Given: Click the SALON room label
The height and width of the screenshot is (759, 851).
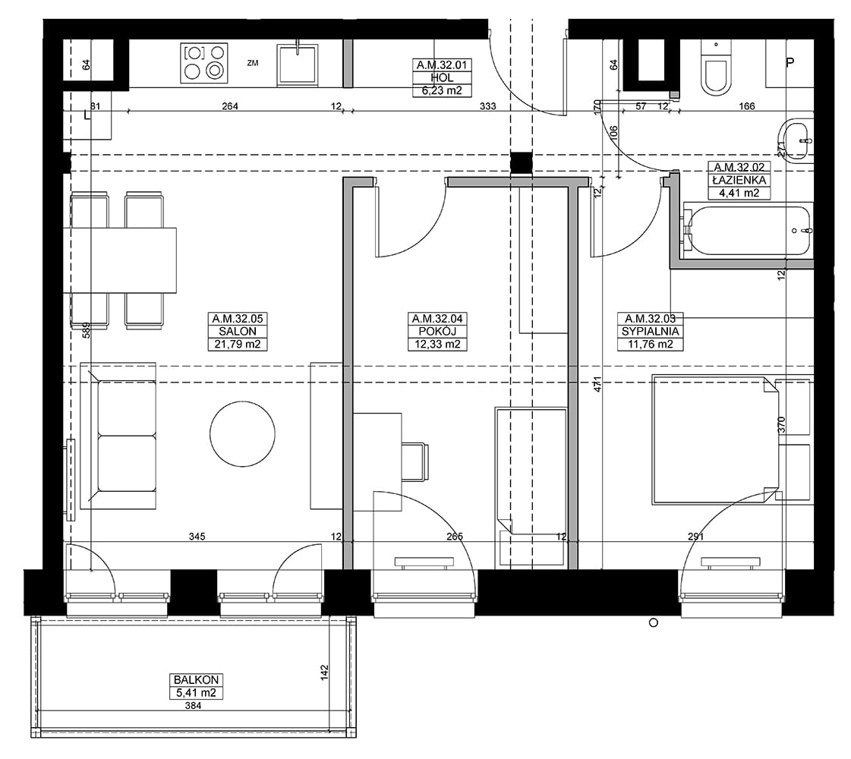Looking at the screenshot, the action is click(238, 332).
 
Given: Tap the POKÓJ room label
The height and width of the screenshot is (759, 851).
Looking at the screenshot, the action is click(437, 332).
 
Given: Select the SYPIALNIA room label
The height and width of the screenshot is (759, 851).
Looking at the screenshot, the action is click(650, 332).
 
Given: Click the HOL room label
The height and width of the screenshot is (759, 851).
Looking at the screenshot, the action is click(442, 77).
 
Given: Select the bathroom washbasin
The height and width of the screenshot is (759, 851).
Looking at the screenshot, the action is click(795, 140).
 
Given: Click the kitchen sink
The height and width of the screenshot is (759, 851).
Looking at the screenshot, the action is click(297, 65).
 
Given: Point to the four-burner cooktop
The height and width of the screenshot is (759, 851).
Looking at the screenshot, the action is click(203, 63).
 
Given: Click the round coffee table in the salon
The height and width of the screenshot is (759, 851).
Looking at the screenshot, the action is click(242, 433).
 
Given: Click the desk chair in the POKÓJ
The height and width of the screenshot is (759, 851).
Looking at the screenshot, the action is click(414, 461).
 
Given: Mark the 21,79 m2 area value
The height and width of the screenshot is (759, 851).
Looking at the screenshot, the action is click(238, 344).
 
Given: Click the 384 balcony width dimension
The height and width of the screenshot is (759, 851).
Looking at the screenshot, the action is click(193, 706).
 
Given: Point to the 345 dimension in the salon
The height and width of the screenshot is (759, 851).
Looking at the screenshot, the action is click(197, 537).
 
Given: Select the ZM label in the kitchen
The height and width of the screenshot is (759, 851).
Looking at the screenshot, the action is click(252, 63).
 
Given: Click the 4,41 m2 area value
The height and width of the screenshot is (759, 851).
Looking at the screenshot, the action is click(739, 193).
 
